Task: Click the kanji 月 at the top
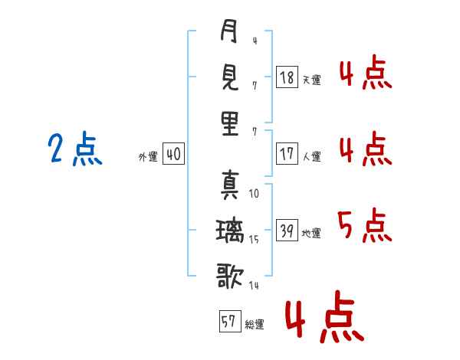click(229, 33)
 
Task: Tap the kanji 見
click(229, 77)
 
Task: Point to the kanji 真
click(229, 184)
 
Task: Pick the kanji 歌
click(229, 273)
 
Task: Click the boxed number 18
click(287, 77)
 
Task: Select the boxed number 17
click(287, 154)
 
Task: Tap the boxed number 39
click(287, 231)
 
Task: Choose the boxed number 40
click(172, 155)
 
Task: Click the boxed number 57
click(229, 322)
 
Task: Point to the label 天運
click(311, 80)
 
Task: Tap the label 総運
click(255, 324)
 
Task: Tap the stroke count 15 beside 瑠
click(255, 239)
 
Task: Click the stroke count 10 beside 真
click(254, 194)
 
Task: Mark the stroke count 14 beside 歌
click(254, 285)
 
